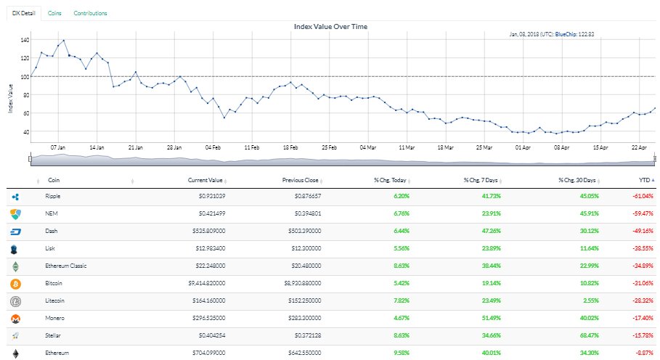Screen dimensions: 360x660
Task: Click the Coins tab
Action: coord(54,13)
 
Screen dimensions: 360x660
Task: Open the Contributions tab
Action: coord(90,13)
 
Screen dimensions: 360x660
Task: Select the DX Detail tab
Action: coord(24,13)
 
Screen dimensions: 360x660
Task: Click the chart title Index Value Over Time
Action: coord(330,27)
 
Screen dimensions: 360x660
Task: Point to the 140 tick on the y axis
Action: coord(25,40)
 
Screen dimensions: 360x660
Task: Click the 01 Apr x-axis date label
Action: coord(521,146)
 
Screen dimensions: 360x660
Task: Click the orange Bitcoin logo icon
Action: coord(15,283)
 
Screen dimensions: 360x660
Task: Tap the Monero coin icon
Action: coord(15,318)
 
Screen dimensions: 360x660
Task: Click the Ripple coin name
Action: coord(53,196)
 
